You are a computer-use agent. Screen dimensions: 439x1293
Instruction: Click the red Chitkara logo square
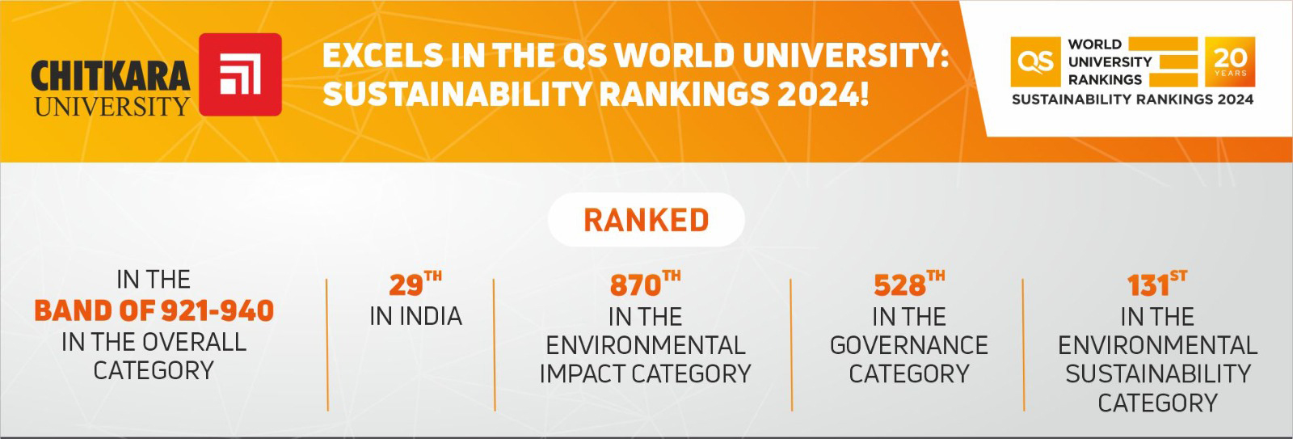pyautogui.click(x=240, y=74)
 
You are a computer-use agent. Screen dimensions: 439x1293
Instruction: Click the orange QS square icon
pyautogui.click(x=1034, y=61)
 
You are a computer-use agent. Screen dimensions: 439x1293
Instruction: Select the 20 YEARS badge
pyautogui.click(x=1230, y=61)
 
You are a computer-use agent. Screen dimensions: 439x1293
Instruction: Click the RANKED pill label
pyautogui.click(x=646, y=220)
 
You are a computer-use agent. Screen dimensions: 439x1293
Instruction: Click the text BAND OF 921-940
pyautogui.click(x=154, y=311)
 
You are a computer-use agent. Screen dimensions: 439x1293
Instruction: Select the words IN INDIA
pyautogui.click(x=415, y=316)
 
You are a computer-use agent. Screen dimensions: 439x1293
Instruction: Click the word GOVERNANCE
pyautogui.click(x=908, y=346)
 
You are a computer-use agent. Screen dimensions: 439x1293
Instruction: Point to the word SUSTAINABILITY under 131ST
pyautogui.click(x=1157, y=374)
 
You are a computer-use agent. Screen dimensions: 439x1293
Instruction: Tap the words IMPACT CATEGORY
pyautogui.click(x=645, y=374)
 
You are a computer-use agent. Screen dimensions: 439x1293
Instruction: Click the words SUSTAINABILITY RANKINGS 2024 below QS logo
pyautogui.click(x=1132, y=99)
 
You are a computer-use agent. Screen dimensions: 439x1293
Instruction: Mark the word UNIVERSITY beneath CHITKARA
pyautogui.click(x=112, y=106)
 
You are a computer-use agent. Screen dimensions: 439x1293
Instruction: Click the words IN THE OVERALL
pyautogui.click(x=154, y=342)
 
